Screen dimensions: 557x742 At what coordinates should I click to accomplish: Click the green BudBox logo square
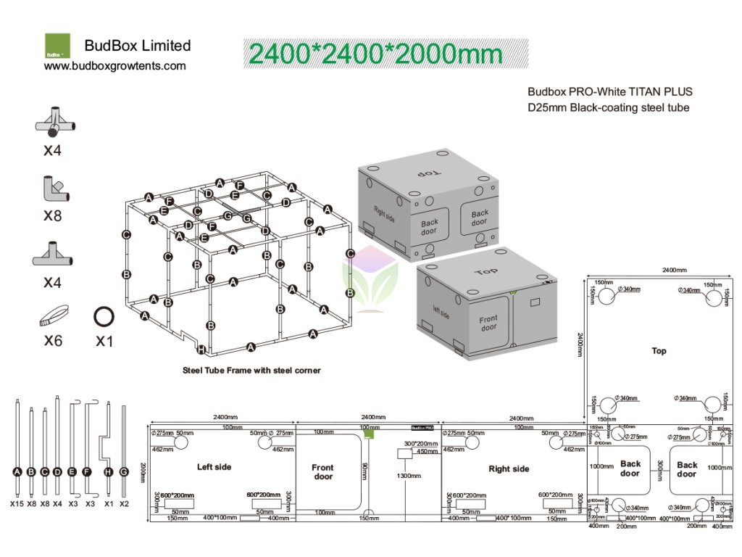click(x=57, y=46)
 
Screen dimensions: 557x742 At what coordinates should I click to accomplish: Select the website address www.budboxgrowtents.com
click(x=115, y=66)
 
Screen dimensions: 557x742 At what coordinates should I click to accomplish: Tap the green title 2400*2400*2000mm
click(x=375, y=54)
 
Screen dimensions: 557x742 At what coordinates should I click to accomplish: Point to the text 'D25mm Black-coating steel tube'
click(x=608, y=108)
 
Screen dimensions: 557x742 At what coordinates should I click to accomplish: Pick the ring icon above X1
click(x=104, y=317)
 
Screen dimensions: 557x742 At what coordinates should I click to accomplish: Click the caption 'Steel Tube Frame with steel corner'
click(x=251, y=371)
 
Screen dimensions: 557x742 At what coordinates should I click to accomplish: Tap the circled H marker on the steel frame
click(x=201, y=350)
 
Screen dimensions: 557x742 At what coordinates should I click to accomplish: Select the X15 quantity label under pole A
click(x=17, y=503)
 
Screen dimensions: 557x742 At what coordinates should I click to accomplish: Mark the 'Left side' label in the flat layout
click(x=214, y=467)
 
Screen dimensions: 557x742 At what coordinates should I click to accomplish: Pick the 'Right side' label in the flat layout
click(x=509, y=469)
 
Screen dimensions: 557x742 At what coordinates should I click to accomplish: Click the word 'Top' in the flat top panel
click(x=659, y=351)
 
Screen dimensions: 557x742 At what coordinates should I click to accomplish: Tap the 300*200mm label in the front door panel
click(x=421, y=444)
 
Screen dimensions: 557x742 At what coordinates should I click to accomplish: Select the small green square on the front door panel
click(x=370, y=434)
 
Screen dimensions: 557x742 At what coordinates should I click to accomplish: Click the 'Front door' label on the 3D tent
click(x=488, y=323)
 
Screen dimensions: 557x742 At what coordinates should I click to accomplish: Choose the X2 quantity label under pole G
click(x=124, y=503)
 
